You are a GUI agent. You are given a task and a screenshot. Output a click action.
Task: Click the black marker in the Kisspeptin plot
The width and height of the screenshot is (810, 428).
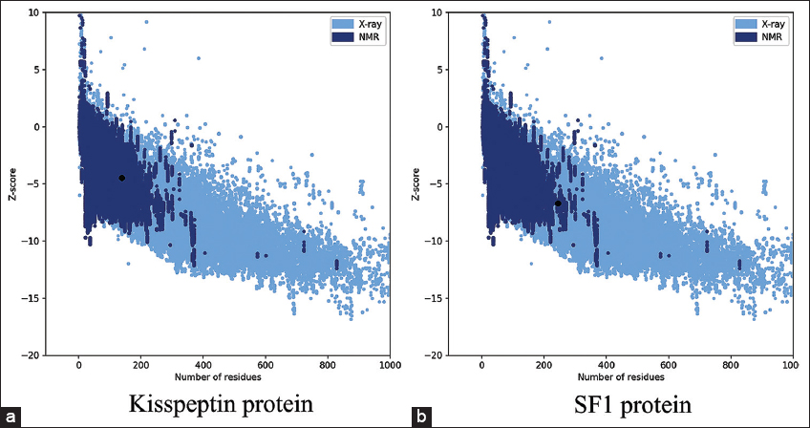(121, 178)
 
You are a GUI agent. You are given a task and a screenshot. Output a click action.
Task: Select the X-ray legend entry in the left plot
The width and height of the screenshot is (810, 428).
(357, 21)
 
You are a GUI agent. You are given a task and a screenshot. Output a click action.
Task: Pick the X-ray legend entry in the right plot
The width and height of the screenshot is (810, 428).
(760, 21)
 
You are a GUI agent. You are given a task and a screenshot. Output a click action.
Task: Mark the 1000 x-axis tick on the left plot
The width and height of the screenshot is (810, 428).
(389, 364)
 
